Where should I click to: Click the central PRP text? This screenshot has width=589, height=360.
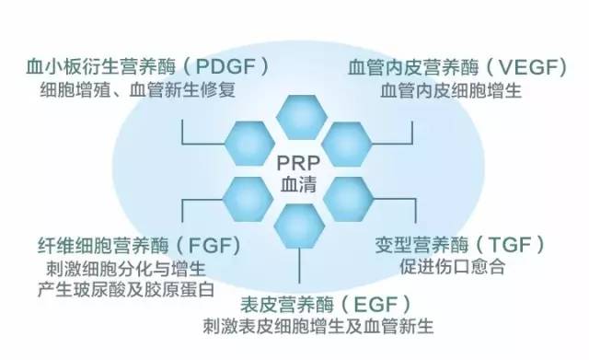(x=299, y=164)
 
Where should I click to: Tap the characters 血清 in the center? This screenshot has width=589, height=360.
(x=299, y=184)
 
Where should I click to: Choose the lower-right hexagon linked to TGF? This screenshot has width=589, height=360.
(x=348, y=196)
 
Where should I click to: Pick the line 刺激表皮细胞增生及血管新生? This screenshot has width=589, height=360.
(x=318, y=327)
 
